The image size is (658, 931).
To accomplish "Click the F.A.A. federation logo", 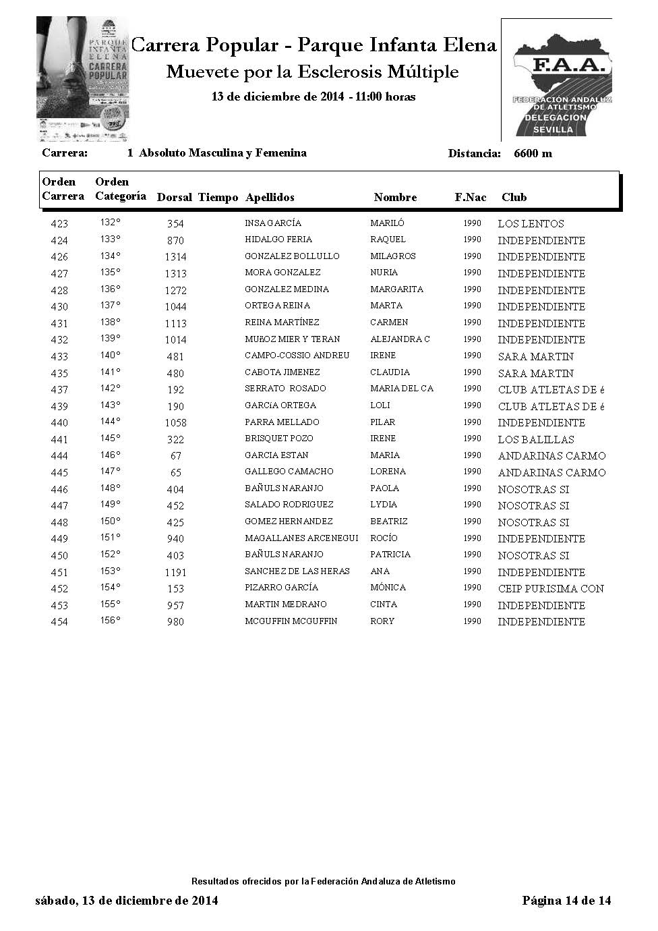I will [x=557, y=81].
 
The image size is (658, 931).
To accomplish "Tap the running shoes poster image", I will [x=83, y=80].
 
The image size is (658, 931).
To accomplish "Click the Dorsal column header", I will [x=175, y=198].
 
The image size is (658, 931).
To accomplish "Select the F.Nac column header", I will [x=470, y=198].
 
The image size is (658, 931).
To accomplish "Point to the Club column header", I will [x=514, y=198].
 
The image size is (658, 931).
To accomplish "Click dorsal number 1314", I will [x=175, y=257].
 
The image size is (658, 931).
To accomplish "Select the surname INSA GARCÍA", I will [x=273, y=223].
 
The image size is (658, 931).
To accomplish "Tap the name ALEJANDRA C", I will [x=400, y=339].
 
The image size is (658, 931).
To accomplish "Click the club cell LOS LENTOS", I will [x=531, y=224].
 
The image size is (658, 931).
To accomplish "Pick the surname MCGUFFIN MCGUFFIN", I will [x=291, y=621].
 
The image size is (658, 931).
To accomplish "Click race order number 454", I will [x=59, y=622].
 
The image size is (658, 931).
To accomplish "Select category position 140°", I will [x=110, y=355].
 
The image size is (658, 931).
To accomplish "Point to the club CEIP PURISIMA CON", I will [x=551, y=589].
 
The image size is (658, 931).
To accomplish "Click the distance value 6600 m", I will [x=533, y=154].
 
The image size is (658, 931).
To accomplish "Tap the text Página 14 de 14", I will [x=566, y=901].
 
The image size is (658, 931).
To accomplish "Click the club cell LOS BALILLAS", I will [x=536, y=439].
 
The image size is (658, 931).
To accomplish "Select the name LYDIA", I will [x=384, y=505].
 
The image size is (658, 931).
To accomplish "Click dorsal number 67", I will [x=175, y=456].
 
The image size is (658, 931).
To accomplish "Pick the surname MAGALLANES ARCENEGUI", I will [x=301, y=538].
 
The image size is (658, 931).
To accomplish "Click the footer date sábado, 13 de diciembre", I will [x=126, y=901].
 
